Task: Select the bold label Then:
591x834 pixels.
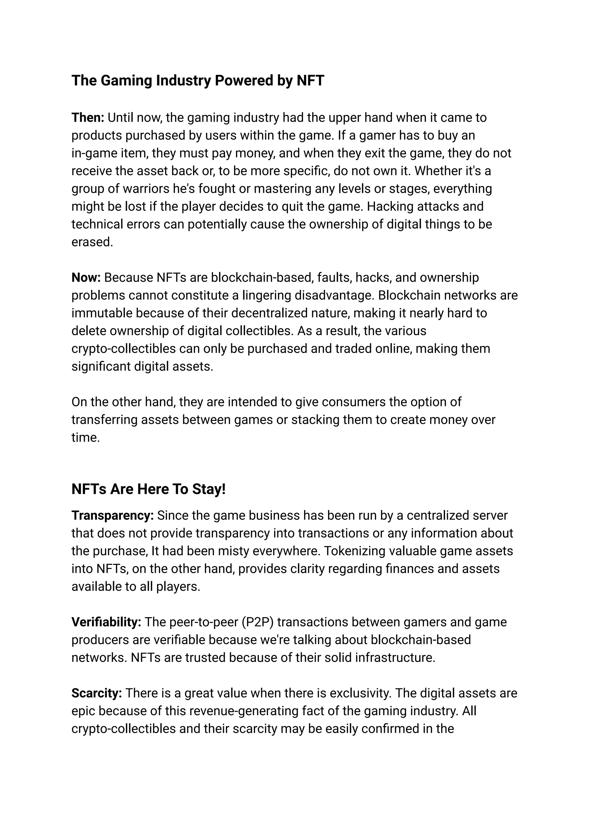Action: tap(88, 118)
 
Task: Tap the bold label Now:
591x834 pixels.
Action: tap(86, 278)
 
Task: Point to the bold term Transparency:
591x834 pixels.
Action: tap(113, 515)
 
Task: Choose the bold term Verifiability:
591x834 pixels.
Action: tap(106, 622)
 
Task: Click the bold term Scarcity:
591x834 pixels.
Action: tap(96, 693)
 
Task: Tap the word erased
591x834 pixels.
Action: tap(92, 242)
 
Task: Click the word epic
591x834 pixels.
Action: tap(83, 711)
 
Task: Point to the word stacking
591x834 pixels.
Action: tap(315, 420)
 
